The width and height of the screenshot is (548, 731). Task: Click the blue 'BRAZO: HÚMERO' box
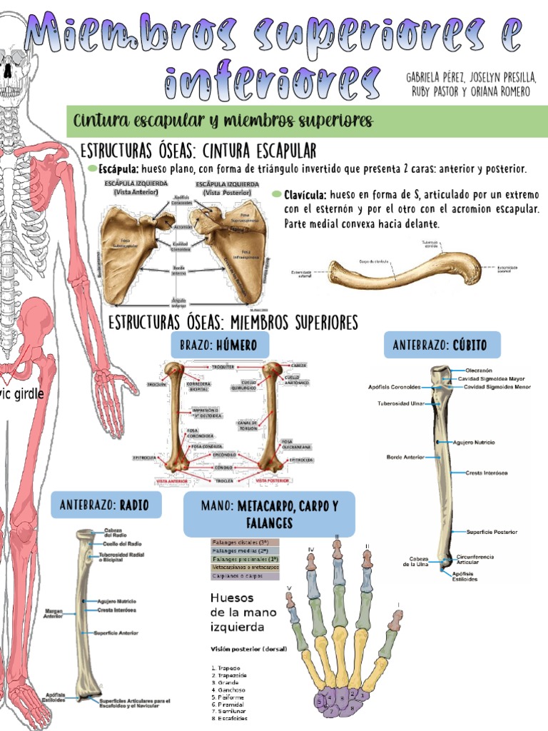219,346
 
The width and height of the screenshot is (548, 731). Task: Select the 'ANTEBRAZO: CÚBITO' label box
442,346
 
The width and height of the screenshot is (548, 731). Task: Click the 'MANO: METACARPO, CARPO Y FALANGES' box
268,514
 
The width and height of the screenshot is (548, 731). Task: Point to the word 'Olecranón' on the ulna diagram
479,371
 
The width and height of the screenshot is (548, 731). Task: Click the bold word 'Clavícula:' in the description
305,195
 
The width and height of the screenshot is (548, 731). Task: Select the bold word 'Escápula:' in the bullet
119,170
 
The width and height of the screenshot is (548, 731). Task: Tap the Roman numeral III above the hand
336,536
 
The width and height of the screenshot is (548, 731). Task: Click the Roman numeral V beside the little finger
289,589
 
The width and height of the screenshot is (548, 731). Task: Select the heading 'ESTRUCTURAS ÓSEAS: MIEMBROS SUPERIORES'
233,323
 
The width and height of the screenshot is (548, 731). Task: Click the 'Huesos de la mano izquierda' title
238,612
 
